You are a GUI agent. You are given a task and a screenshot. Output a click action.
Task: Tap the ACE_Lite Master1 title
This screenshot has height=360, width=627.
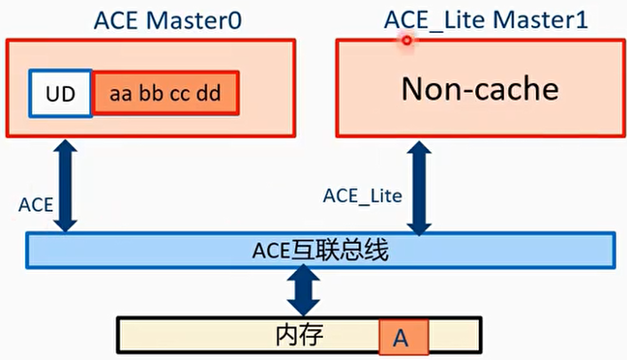(485, 20)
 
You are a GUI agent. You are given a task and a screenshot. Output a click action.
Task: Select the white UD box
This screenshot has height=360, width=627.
(60, 94)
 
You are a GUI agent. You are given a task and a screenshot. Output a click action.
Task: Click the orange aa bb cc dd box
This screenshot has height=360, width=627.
(165, 94)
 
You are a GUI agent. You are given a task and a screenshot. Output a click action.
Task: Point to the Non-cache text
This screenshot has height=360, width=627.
(480, 89)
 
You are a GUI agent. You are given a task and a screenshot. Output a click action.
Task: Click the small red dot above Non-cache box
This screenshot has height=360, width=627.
(407, 40)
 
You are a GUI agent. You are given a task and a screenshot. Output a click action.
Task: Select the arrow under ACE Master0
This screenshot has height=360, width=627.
(65, 185)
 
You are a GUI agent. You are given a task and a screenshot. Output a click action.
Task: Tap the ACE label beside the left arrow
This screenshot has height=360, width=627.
(35, 205)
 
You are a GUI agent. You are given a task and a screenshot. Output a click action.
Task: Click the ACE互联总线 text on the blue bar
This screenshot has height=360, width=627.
(320, 251)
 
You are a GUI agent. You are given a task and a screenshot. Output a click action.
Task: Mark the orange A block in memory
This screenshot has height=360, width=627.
(400, 337)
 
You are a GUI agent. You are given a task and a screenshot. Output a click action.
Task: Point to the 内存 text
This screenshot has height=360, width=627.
(299, 335)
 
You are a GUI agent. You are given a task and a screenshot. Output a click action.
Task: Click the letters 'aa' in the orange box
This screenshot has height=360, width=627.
(121, 95)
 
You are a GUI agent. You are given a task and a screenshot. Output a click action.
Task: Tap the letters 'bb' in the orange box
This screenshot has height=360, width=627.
(150, 95)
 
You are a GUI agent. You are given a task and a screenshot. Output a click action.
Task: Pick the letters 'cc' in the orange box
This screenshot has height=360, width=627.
(179, 95)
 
